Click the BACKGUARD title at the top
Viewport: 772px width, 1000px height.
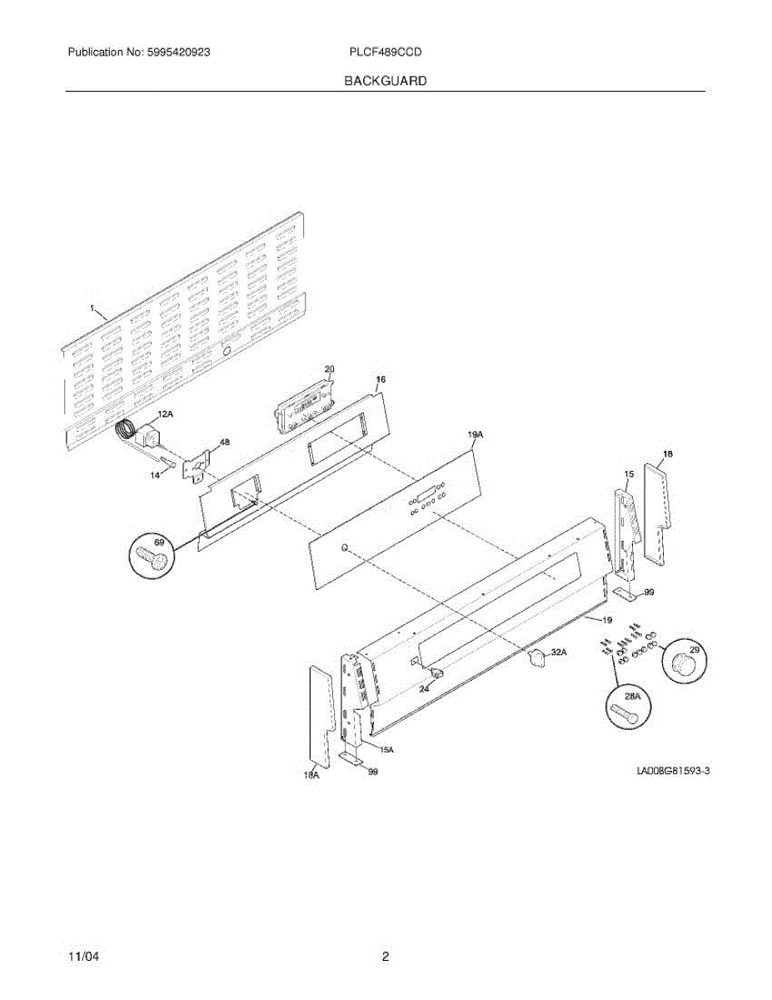pyautogui.click(x=386, y=81)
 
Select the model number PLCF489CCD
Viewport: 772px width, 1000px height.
pyautogui.click(x=386, y=52)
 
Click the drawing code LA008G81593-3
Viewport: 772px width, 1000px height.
pyautogui.click(x=673, y=772)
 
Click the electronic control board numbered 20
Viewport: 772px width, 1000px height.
pyautogui.click(x=301, y=402)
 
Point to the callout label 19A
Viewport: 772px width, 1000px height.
pyautogui.click(x=476, y=435)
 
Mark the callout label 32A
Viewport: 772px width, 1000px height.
pyautogui.click(x=558, y=652)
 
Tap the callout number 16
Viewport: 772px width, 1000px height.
pyautogui.click(x=381, y=380)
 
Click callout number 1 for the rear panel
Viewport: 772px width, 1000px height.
pyautogui.click(x=92, y=308)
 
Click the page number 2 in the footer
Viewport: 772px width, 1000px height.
pyautogui.click(x=386, y=957)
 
